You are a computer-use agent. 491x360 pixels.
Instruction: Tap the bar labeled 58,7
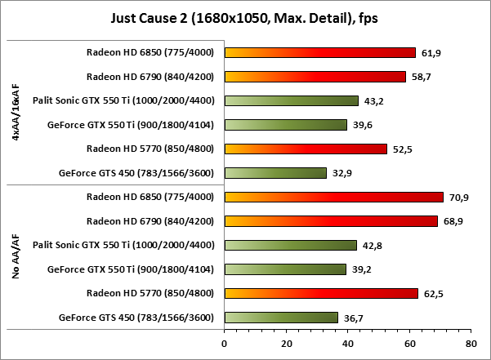315,77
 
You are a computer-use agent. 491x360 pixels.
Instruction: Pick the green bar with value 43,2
291,101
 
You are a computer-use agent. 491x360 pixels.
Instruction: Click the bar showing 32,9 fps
275,173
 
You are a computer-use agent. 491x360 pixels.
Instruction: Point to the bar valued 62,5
320,293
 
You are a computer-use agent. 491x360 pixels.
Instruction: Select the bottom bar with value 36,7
280,318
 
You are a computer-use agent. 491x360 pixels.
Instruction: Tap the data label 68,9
453,221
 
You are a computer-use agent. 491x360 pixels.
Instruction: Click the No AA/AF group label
16,257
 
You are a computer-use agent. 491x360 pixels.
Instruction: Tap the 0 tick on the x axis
224,344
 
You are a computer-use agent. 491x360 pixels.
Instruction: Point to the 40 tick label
347,344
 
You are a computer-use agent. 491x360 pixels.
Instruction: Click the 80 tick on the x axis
471,344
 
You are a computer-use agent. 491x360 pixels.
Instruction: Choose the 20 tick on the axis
285,344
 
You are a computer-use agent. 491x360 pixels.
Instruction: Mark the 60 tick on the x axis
408,344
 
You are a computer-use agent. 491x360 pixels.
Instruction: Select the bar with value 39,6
285,125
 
